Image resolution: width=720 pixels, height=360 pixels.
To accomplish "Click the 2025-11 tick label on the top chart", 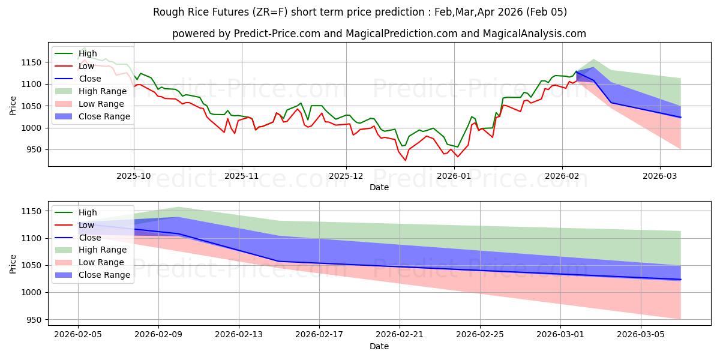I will coord(242,176).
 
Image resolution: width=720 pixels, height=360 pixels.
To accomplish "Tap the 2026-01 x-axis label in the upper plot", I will coord(454,176).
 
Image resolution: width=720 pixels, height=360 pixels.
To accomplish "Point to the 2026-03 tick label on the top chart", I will coord(660,176).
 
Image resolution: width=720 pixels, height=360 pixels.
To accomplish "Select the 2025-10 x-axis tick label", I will coord(134,176).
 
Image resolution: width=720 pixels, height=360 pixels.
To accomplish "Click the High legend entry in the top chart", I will coord(88,53).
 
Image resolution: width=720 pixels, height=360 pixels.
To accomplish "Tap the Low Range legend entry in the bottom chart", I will coord(103,262).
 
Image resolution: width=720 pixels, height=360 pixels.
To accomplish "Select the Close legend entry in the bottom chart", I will coord(90,238).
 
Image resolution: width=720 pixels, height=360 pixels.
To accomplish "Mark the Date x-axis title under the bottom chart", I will coord(379,346).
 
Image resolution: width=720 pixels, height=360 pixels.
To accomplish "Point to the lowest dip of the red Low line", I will coord(405,160).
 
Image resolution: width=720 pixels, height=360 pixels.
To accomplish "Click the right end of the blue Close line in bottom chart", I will coord(680,280).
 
